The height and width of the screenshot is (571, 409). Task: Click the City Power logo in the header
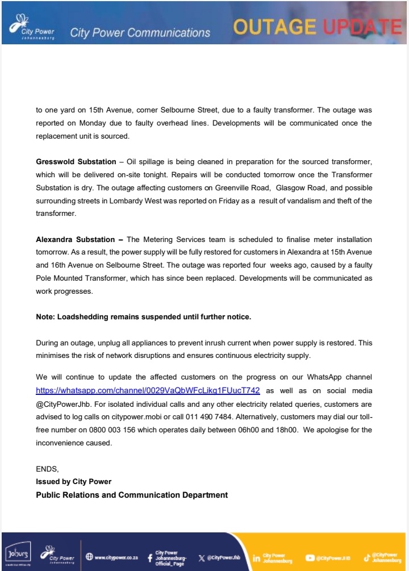(31, 26)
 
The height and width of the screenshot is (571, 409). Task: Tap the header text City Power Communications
(140, 33)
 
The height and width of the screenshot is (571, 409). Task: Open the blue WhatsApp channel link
(148, 391)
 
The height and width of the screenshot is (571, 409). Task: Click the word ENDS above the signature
(47, 469)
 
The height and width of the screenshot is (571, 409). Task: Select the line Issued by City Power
(73, 482)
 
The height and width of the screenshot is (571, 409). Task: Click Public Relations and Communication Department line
(132, 495)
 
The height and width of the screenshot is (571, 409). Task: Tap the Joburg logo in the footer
(18, 552)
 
